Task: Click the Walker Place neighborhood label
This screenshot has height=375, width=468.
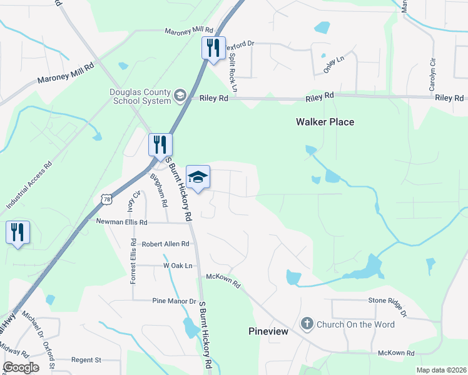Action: point(325,122)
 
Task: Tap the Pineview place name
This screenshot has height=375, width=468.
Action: point(268,331)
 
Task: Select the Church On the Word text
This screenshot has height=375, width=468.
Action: point(355,324)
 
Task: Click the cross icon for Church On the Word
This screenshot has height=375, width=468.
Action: point(307,324)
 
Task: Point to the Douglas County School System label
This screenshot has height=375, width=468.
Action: point(140,96)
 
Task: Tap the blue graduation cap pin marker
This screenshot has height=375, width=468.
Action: point(198,177)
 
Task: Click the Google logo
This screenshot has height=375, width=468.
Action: point(21,367)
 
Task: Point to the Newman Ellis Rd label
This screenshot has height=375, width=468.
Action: point(121,222)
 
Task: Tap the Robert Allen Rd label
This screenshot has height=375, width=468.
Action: point(165,244)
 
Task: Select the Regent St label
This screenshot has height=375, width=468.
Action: point(86,360)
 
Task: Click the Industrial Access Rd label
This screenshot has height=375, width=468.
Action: point(29,187)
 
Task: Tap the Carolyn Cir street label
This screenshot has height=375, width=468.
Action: point(432,74)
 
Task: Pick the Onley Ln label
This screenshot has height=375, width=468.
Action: point(334,65)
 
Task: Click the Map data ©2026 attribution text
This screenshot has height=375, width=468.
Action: point(441,369)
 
